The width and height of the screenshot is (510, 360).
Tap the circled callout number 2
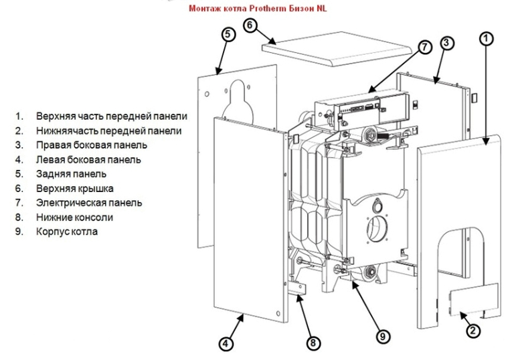pos(473,329)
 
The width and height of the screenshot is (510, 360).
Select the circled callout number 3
pos(448,43)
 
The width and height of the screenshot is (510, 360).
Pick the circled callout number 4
pos(226,343)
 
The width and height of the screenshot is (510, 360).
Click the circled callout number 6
pos(250,25)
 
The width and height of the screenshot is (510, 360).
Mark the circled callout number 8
pos(313,343)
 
